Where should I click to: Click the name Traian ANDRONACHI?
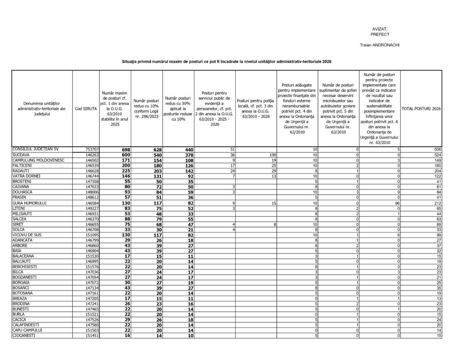[380, 46]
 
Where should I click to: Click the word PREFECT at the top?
[380, 34]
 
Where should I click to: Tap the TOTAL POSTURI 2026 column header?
[421, 108]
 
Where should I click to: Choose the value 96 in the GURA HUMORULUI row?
[396, 203]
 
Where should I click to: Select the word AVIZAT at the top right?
[380, 29]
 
